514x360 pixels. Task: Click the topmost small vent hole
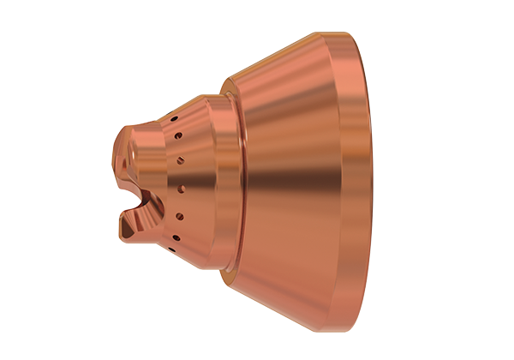coord(171,117)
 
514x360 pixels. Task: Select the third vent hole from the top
coord(180,159)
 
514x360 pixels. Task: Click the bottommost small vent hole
coord(171,255)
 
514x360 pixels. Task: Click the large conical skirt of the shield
coord(291,180)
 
